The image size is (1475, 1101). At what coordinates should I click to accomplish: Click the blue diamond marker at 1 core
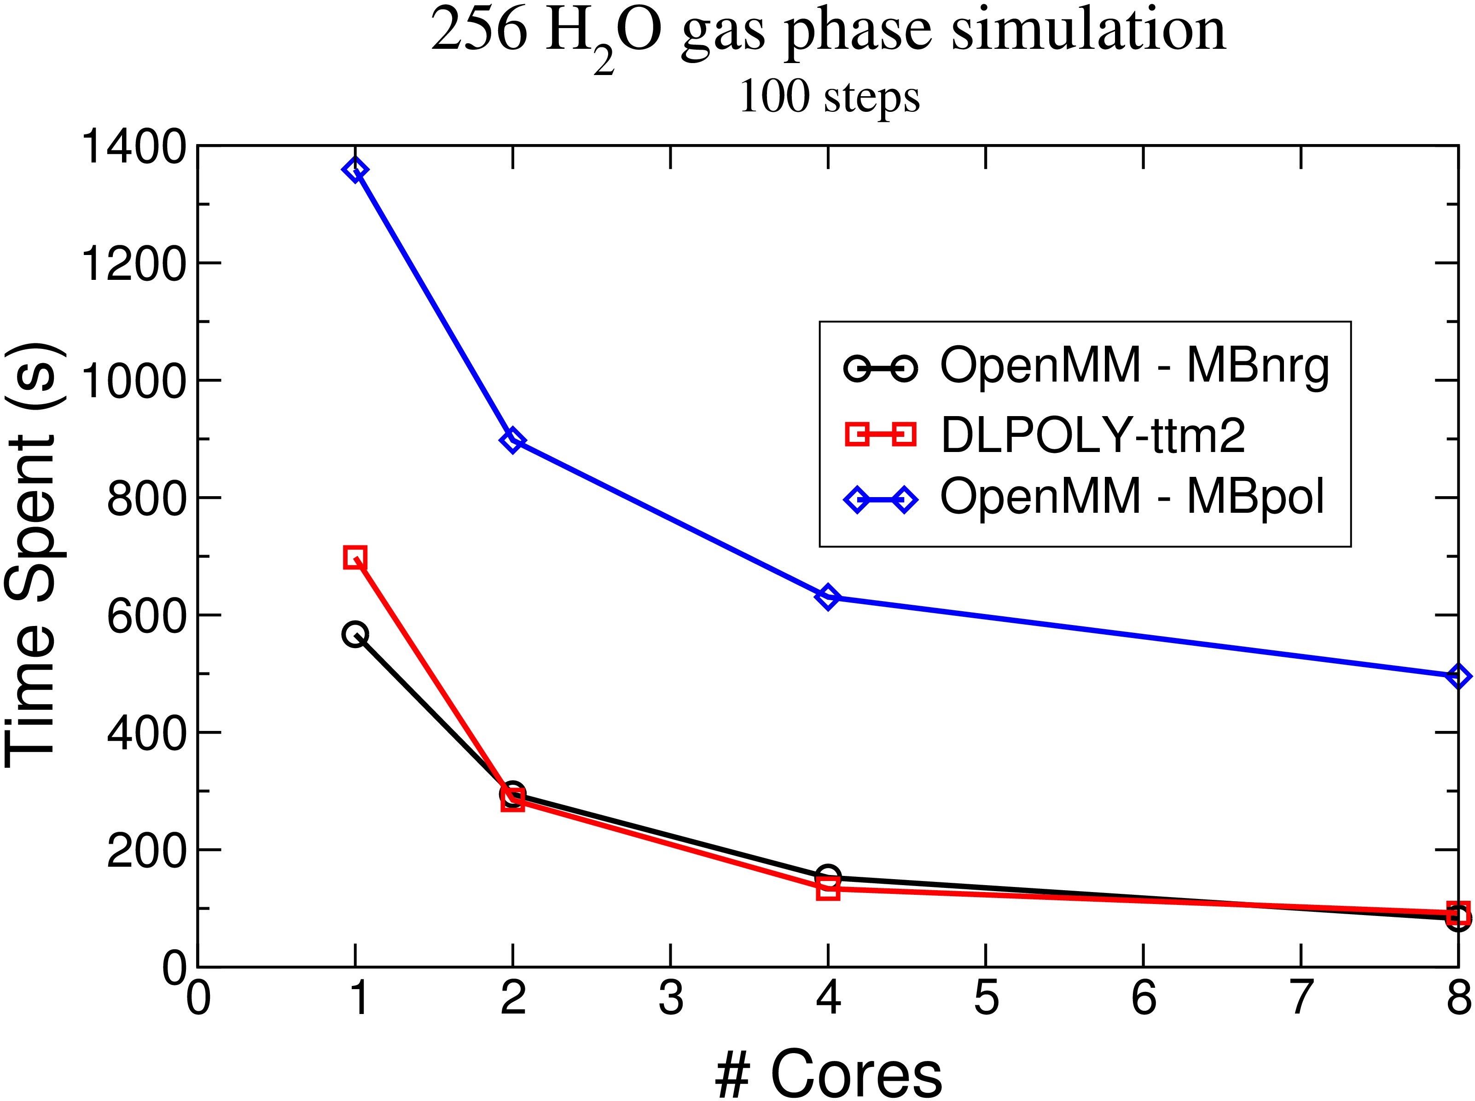click(355, 170)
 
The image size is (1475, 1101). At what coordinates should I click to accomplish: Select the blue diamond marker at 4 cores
click(828, 597)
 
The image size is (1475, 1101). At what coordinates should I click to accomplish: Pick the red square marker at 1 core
click(355, 557)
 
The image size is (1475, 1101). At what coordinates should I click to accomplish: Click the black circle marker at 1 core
click(355, 634)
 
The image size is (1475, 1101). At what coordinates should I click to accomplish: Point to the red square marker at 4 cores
click(828, 889)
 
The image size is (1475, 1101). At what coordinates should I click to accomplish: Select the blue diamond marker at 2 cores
click(512, 440)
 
